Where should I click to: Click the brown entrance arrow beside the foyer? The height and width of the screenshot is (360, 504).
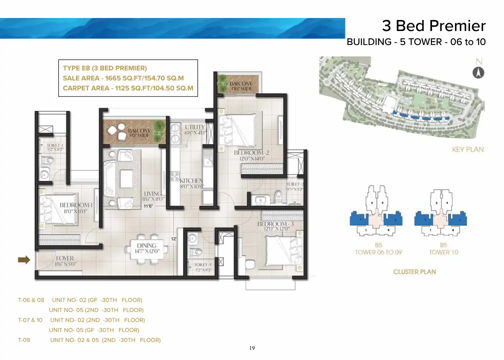tap(24, 260)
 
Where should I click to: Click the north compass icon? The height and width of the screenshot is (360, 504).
tap(478, 73)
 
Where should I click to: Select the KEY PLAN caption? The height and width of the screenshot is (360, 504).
tap(468, 150)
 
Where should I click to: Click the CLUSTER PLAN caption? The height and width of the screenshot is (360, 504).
tap(414, 272)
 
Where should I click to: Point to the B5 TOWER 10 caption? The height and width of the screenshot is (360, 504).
tap(443, 249)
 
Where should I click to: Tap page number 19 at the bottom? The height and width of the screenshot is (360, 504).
tap(252, 348)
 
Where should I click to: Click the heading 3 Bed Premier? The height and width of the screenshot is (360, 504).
tap(434, 26)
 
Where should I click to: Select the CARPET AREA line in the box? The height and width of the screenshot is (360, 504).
tap(128, 88)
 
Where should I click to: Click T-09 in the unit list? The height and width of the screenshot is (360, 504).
tap(24, 340)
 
